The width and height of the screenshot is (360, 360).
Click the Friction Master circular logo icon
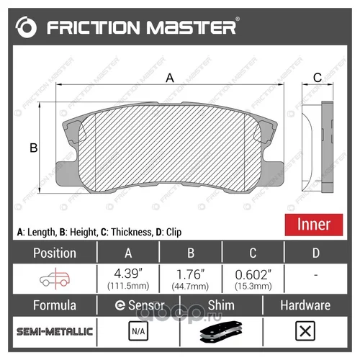[x=26, y=27]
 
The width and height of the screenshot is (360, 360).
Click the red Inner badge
[x=314, y=225]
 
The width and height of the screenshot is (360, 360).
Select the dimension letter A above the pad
[x=170, y=78]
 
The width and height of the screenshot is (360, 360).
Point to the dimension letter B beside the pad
[x=34, y=148]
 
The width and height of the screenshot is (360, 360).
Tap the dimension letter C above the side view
[x=318, y=78]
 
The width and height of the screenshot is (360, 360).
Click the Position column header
[x=55, y=253]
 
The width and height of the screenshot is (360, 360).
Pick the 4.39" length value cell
[x=128, y=279]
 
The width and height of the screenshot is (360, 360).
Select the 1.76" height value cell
[x=190, y=279]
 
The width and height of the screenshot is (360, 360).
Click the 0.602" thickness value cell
[x=253, y=279]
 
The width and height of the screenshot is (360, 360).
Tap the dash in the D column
[x=316, y=275]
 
